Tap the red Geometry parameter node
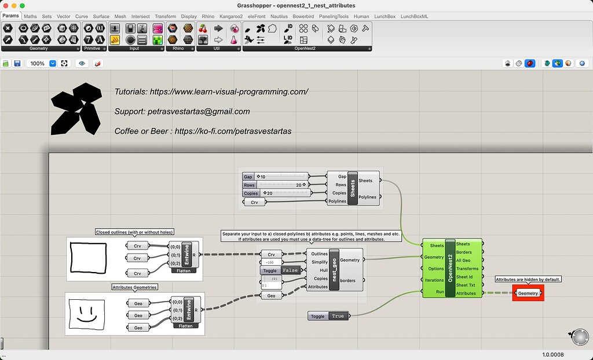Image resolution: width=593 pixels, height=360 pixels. click(528, 293)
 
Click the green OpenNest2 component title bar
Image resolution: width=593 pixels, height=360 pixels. click(451, 269)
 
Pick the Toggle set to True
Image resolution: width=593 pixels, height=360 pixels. click(330, 316)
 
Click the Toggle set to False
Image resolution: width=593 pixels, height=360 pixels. click(280, 270)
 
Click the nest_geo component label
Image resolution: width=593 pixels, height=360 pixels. click(334, 270)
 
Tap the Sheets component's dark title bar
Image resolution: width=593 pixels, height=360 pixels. click(352, 189)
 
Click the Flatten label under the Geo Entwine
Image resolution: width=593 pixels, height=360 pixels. click(185, 326)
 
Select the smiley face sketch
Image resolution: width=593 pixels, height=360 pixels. click(86, 314)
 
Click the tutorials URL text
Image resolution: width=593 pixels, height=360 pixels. click(211, 91)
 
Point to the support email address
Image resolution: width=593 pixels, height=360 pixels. click(182, 111)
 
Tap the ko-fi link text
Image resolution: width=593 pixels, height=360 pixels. click(203, 131)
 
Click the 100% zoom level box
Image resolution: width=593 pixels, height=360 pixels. click(38, 63)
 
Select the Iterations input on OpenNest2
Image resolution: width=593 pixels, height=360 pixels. click(434, 280)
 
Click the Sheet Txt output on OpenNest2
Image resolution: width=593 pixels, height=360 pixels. click(466, 285)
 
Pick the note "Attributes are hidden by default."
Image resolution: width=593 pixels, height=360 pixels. click(528, 280)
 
